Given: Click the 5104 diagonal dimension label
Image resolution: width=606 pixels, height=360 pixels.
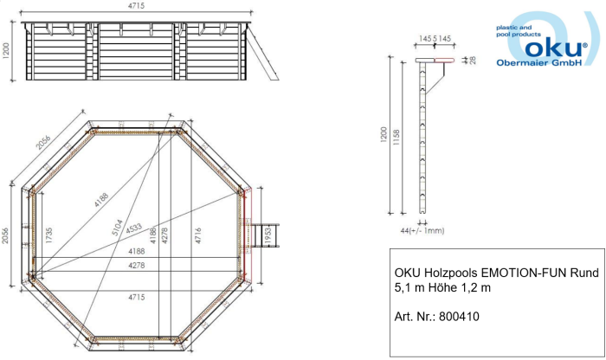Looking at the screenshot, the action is point(117,228).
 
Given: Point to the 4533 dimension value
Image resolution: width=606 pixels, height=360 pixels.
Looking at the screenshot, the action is point(133,228).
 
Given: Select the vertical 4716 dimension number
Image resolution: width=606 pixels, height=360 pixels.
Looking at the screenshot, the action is point(198,235).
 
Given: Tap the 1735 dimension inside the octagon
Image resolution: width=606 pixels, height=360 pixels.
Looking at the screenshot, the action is point(48,235).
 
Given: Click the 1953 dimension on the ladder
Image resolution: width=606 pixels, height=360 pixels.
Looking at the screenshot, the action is point(268,235).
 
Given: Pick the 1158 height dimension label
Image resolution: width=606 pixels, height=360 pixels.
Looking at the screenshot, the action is point(396,137).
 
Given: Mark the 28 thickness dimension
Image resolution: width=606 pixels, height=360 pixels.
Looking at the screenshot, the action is point(473,61).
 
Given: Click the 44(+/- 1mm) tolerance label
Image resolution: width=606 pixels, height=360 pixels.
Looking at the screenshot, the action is point(422,231).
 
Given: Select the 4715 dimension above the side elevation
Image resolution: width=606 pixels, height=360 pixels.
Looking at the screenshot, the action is point(137,6).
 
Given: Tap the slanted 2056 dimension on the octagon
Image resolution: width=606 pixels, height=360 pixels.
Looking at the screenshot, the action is point(43,142).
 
